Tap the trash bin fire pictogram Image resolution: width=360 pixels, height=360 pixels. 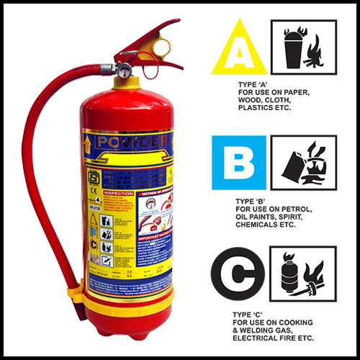coord(303,47)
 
